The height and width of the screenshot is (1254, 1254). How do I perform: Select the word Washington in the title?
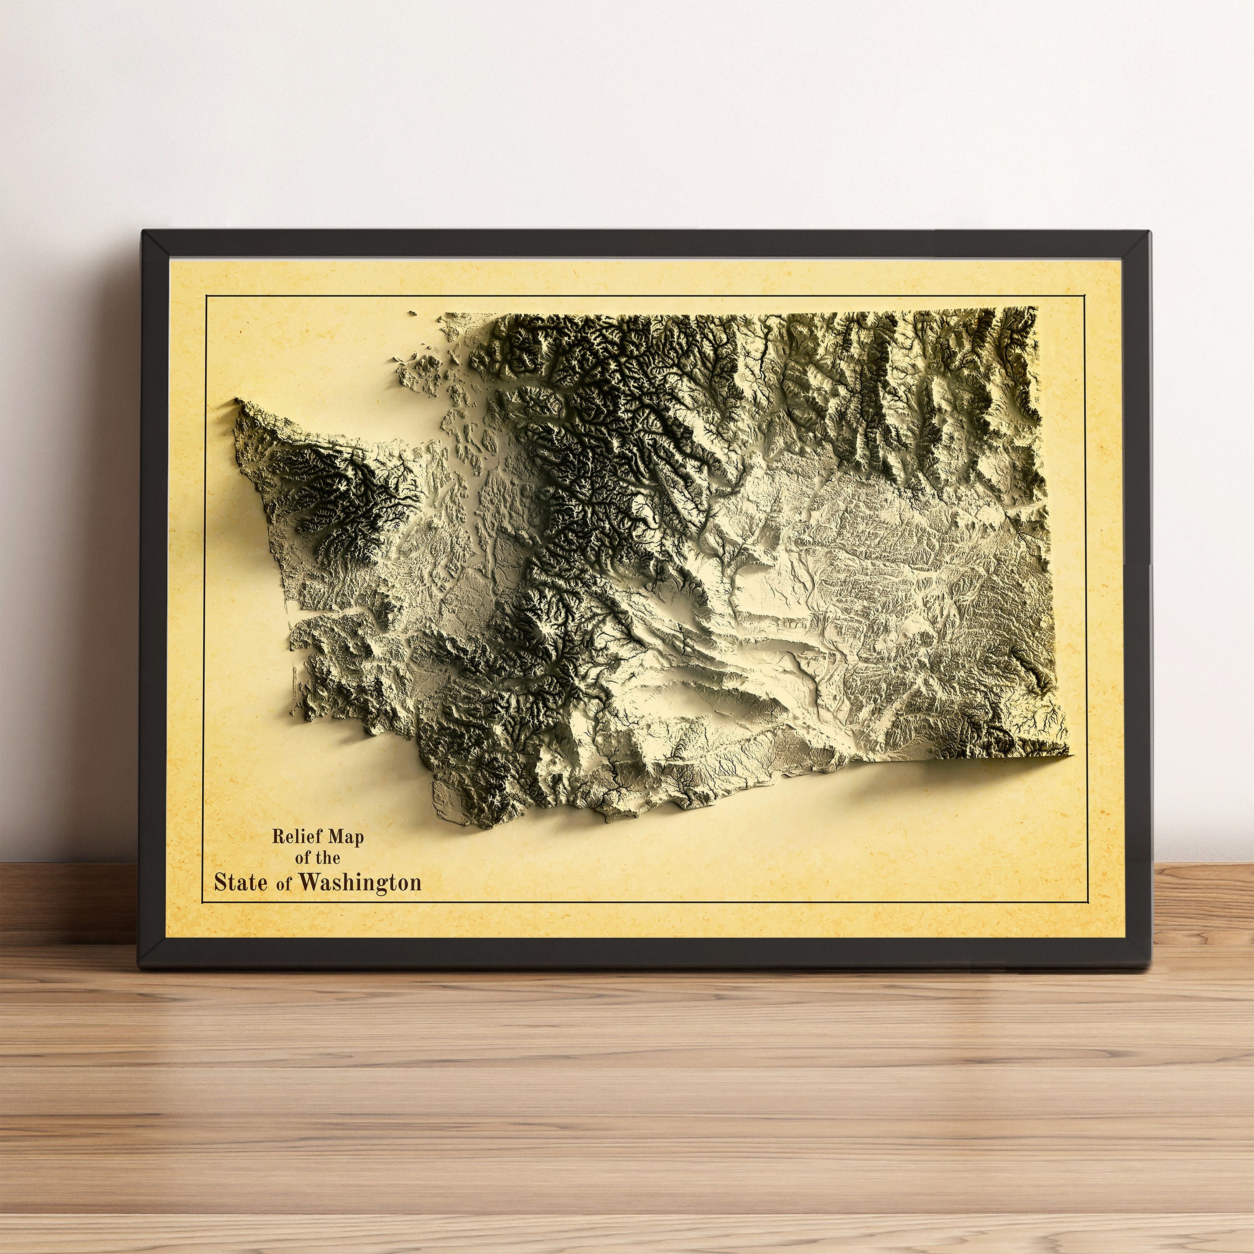pos(361,883)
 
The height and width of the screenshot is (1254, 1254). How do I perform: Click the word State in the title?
pos(240,883)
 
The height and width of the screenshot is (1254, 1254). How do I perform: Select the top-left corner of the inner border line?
pos(205,296)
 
